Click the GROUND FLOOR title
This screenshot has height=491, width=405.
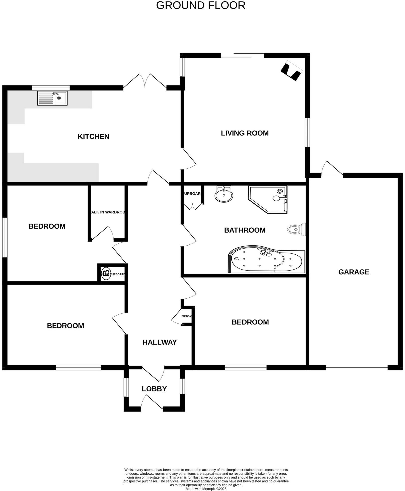pyautogui.click(x=201, y=6)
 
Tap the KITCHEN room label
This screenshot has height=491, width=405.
pyautogui.click(x=93, y=137)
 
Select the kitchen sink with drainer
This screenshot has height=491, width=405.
pyautogui.click(x=52, y=98)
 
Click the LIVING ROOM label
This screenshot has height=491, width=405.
pyautogui.click(x=245, y=133)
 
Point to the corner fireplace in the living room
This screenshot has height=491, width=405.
pyautogui.click(x=291, y=71)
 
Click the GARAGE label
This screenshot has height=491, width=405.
pyautogui.click(x=354, y=272)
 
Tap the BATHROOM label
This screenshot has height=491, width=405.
pyautogui.click(x=245, y=230)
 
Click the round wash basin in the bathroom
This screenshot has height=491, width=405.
pyautogui.click(x=224, y=194)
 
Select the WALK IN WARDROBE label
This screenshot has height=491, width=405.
pyautogui.click(x=107, y=212)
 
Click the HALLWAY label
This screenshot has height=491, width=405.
pyautogui.click(x=159, y=342)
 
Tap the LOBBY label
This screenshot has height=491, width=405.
pyautogui.click(x=154, y=389)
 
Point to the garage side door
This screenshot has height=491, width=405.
pyautogui.click(x=333, y=169)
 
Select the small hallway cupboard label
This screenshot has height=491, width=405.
pyautogui.click(x=187, y=316)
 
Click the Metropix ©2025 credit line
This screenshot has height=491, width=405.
pyautogui.click(x=206, y=489)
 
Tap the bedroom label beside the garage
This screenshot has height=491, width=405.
pyautogui.click(x=250, y=322)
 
